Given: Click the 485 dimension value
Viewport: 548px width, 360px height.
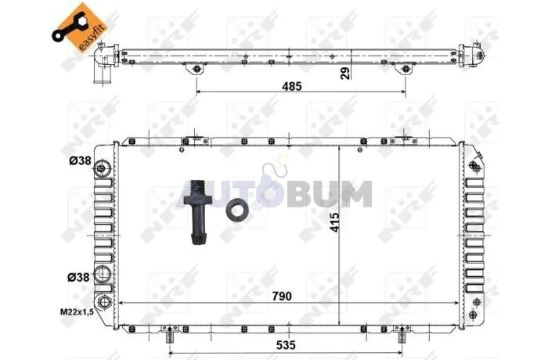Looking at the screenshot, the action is tap(291, 86).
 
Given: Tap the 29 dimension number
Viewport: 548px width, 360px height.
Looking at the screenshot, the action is tap(345, 74).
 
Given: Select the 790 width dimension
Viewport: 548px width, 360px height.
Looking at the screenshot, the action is tap(282, 296).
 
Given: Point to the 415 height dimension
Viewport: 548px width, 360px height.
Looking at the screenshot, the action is tap(334, 222).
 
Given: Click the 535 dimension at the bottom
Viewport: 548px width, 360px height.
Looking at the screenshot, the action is tap(286, 345).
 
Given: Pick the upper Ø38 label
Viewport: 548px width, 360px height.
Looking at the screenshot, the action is tap(80, 160).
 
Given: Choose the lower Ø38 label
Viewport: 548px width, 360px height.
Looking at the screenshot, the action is tap(78, 277).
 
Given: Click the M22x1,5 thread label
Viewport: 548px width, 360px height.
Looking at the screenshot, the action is tap(77, 312).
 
